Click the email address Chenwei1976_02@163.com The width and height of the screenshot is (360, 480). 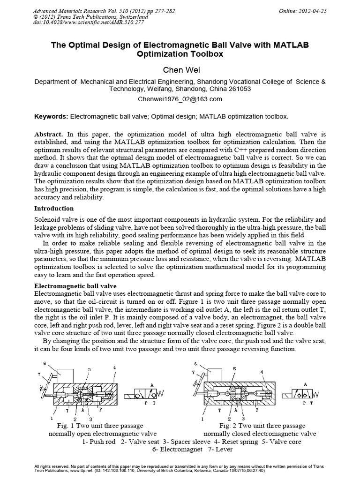coord(180,99)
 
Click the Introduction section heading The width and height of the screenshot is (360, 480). coord(54,208)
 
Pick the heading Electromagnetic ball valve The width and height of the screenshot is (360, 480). coord(76,285)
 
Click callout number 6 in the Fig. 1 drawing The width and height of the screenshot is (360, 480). coord(44,363)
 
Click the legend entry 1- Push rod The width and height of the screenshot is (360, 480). coord(98,442)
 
